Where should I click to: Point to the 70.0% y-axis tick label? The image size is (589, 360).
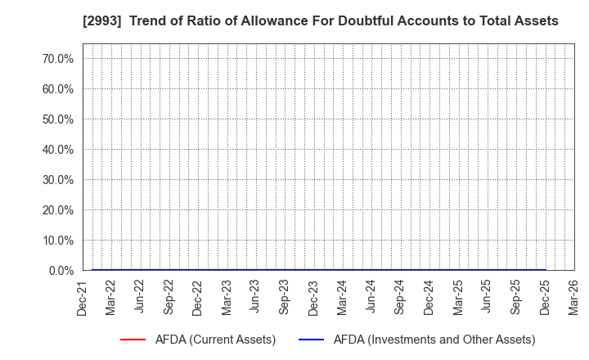pos(57,59)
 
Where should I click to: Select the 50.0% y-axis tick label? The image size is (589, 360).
pos(57,119)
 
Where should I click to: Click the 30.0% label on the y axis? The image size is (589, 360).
pos(57,180)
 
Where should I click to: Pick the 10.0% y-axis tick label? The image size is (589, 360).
pos(57,241)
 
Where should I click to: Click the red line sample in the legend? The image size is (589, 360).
pos(133,340)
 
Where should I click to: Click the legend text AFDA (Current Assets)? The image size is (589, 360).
pos(216,340)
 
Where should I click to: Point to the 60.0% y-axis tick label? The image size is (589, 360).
pos(57,89)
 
